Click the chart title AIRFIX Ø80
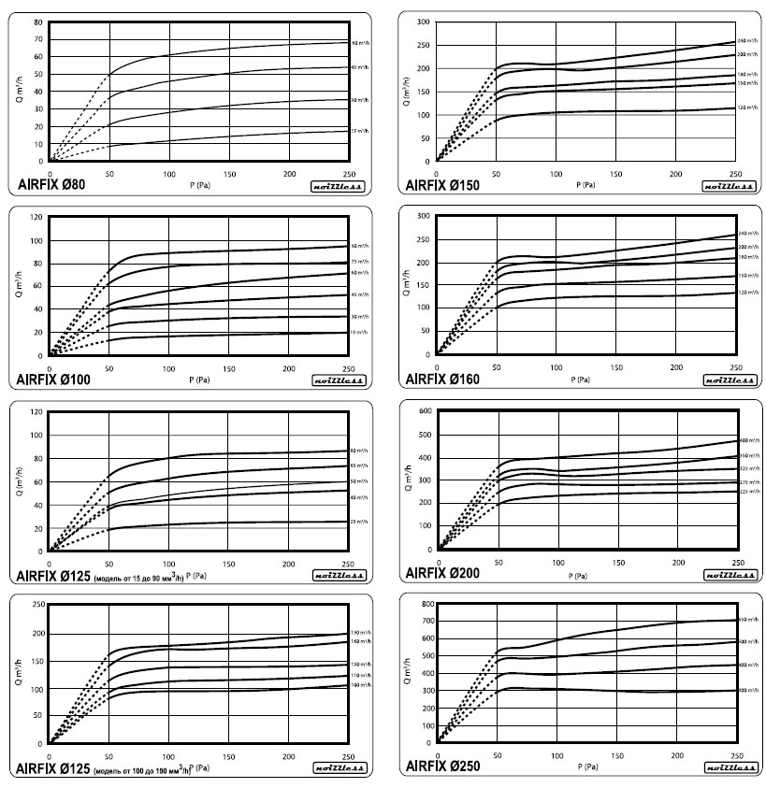click(51, 184)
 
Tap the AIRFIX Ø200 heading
click(442, 572)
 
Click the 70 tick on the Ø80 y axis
click(38, 39)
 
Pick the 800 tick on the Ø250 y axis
click(425, 605)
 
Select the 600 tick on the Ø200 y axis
click(425, 411)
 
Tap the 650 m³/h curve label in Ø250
click(749, 621)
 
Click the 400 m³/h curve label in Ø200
click(749, 440)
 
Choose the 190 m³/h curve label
click(361, 633)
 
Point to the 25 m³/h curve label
click(360, 521)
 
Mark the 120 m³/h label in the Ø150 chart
click(749, 107)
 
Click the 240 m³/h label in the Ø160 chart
click(749, 233)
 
